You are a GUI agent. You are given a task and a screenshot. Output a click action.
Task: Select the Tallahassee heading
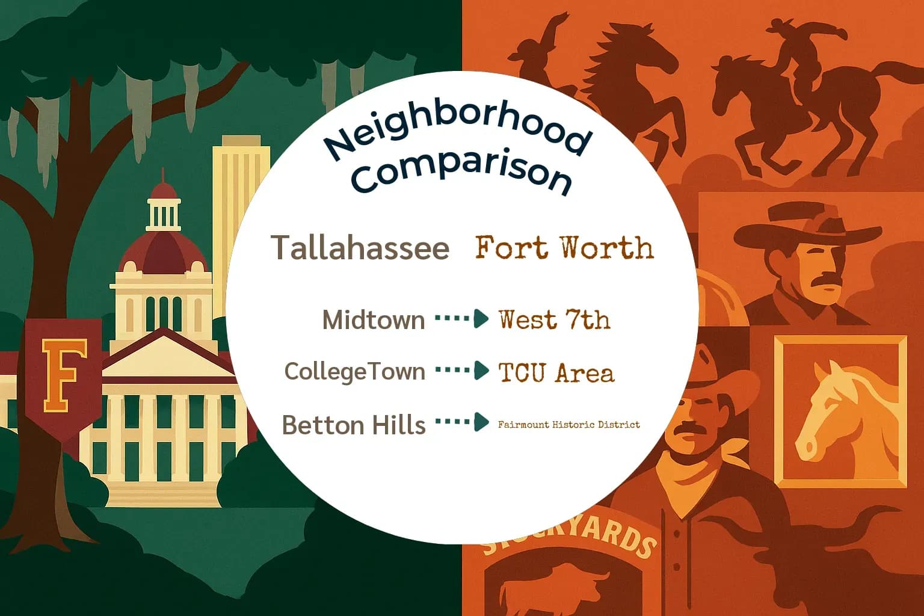[x=360, y=248]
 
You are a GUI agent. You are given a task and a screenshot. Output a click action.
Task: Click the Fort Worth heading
[x=564, y=248]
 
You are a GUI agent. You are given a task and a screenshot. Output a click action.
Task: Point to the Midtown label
[x=374, y=319]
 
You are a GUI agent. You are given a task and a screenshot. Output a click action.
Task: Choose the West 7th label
[x=554, y=319]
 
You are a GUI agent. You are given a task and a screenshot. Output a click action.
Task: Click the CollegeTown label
[x=355, y=371]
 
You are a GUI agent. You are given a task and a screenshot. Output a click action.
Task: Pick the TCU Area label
[x=556, y=373]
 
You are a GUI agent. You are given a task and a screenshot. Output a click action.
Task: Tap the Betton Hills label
[x=354, y=425]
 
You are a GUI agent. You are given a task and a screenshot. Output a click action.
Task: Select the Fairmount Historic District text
[x=568, y=425]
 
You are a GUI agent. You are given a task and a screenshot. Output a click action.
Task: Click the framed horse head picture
[x=840, y=410]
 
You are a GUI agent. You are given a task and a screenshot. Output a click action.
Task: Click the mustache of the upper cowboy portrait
[x=830, y=278]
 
